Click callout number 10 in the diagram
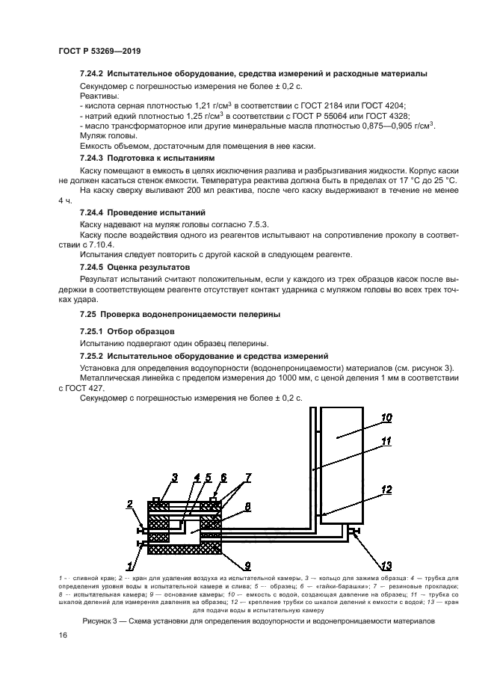386,418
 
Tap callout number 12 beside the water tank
386,490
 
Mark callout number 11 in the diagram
386,441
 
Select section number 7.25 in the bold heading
89,313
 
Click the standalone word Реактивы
99,96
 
